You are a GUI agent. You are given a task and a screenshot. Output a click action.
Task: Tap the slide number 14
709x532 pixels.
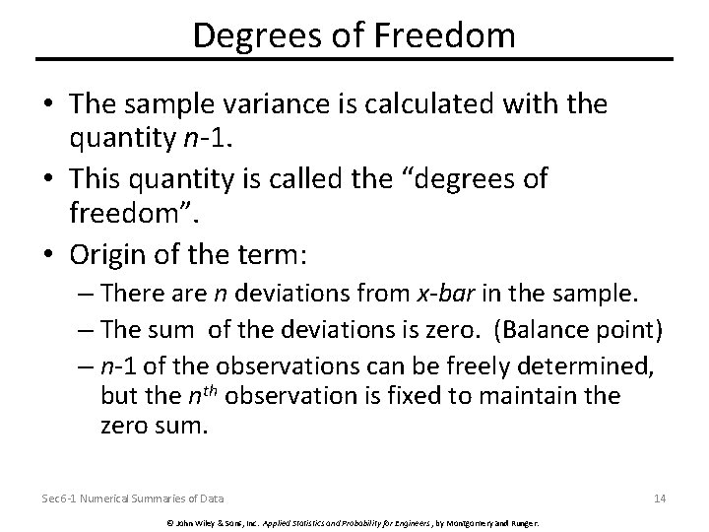coord(659,499)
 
